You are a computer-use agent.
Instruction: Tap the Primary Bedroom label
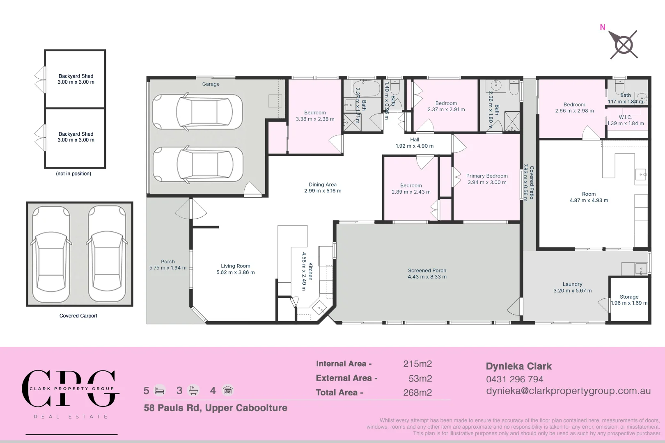(x=487, y=176)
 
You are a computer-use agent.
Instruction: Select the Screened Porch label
(x=427, y=271)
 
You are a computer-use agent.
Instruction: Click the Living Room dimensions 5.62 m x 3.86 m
(x=236, y=272)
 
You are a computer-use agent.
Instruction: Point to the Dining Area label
(x=323, y=185)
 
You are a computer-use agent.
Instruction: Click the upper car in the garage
(x=198, y=112)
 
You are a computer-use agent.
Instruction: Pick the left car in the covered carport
(x=51, y=254)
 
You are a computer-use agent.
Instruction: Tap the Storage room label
(x=629, y=297)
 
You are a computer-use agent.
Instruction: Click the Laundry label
(x=572, y=284)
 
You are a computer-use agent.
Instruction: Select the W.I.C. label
(x=625, y=117)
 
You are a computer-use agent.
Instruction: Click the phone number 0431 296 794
(x=514, y=379)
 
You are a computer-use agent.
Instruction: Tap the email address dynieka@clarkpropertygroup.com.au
(x=568, y=391)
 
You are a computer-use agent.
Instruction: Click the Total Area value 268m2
(x=417, y=393)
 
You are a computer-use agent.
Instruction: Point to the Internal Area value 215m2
(x=417, y=364)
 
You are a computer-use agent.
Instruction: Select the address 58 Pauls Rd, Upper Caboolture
(x=216, y=408)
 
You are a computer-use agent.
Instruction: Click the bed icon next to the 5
(x=160, y=390)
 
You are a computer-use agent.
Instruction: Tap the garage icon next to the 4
(x=228, y=390)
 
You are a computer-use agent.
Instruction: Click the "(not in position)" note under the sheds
(x=73, y=174)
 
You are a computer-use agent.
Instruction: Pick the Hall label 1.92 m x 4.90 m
(x=415, y=143)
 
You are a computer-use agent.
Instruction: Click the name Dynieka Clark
(x=518, y=366)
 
